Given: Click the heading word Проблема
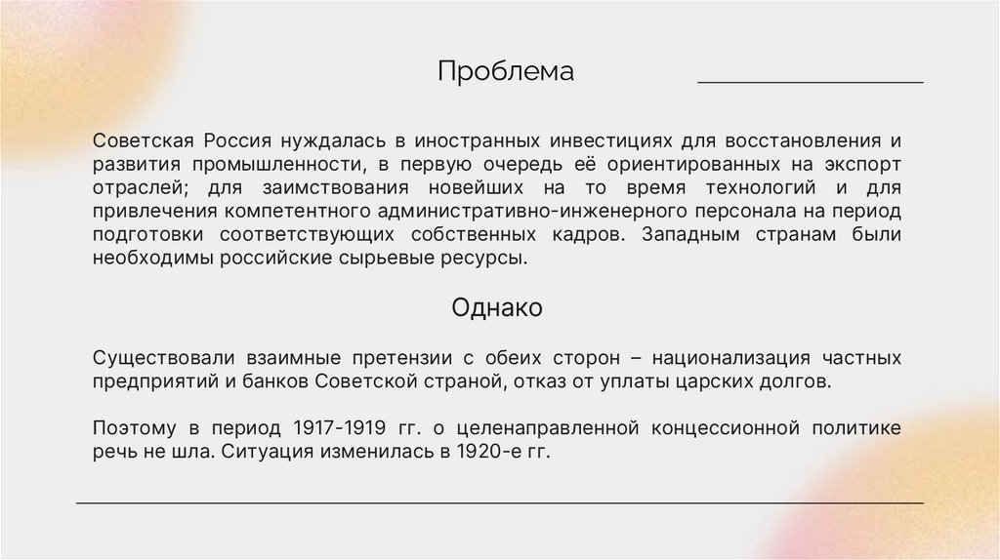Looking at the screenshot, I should (x=505, y=72).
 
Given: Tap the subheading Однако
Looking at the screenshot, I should (x=497, y=308).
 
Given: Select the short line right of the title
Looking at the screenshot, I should (x=810, y=84).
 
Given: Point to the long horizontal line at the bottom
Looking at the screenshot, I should (x=499, y=503).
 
